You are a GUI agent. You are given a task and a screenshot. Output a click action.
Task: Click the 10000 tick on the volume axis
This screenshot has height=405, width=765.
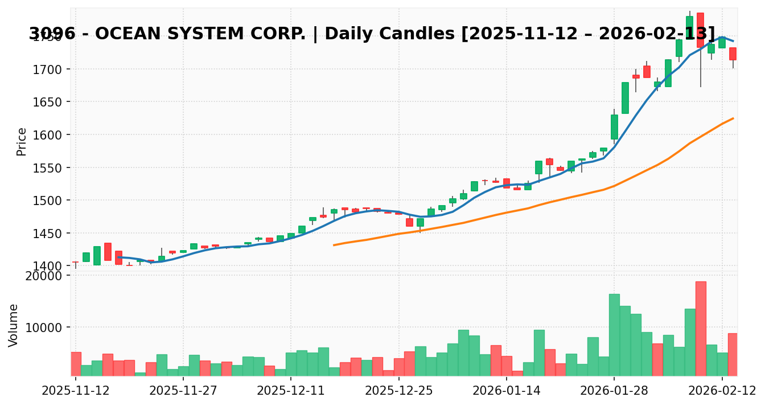click(47, 328)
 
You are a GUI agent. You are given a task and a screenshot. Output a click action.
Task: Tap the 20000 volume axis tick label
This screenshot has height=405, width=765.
click(47, 276)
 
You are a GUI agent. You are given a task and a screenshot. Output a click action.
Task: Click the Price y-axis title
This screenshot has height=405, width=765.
click(22, 141)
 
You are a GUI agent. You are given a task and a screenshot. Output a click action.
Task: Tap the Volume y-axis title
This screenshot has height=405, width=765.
click(14, 325)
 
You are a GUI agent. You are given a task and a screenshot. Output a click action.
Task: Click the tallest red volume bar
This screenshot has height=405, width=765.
click(701, 329)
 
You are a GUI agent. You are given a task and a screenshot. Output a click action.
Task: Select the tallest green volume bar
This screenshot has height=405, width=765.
click(614, 335)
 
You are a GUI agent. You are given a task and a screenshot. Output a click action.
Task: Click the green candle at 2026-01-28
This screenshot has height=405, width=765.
click(614, 127)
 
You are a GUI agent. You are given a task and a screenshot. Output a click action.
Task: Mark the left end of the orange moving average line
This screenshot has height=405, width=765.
click(334, 245)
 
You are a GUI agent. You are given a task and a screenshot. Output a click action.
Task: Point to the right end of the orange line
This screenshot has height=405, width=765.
click(733, 118)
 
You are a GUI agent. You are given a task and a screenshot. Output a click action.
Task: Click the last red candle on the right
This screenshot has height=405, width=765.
click(733, 54)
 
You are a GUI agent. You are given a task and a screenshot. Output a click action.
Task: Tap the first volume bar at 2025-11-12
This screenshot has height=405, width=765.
click(76, 364)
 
